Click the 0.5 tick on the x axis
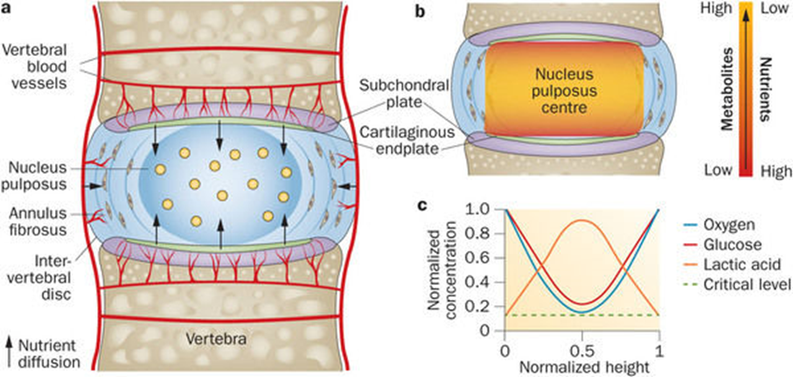coord(581,350)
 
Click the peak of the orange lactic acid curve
coord(581,220)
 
